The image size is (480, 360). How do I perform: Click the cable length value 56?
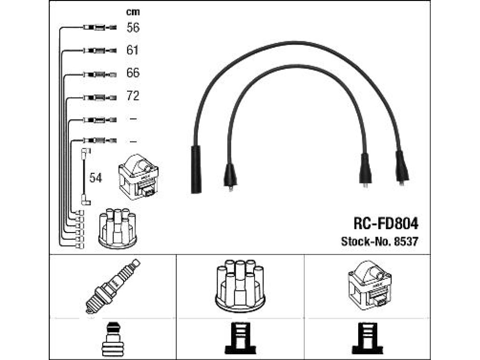click(x=133, y=28)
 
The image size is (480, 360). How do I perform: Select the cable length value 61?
click(x=132, y=50)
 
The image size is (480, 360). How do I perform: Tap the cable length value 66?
click(x=133, y=73)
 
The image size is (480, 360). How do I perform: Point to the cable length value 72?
click(x=133, y=96)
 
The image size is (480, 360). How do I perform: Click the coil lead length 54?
click(x=96, y=178)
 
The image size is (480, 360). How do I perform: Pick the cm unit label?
click(x=133, y=12)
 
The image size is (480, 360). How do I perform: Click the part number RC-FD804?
click(x=386, y=224)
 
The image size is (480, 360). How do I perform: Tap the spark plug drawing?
click(x=112, y=286)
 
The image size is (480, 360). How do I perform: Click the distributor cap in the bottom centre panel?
click(x=240, y=286)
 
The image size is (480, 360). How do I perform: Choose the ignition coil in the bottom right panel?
click(x=370, y=285)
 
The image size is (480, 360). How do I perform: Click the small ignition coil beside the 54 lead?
click(x=138, y=177)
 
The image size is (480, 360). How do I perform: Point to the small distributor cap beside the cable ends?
click(x=118, y=228)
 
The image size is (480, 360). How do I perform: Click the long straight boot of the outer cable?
click(x=196, y=169)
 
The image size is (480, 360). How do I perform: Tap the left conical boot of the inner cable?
click(x=230, y=177)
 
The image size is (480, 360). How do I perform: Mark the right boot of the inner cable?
click(x=365, y=170)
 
